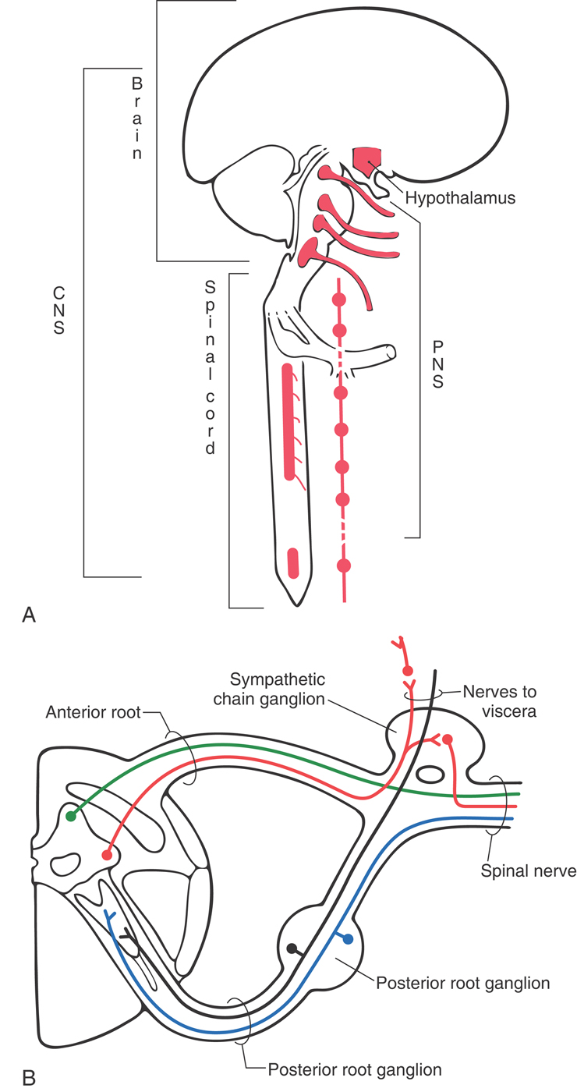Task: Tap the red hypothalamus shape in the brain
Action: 365,159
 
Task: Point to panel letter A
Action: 28,615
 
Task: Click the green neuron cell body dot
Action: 71,816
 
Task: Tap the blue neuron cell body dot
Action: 348,938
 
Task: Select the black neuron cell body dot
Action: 291,948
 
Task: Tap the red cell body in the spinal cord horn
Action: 107,855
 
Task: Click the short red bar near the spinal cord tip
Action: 292,562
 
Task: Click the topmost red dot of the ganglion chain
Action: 338,300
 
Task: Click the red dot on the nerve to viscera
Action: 407,670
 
